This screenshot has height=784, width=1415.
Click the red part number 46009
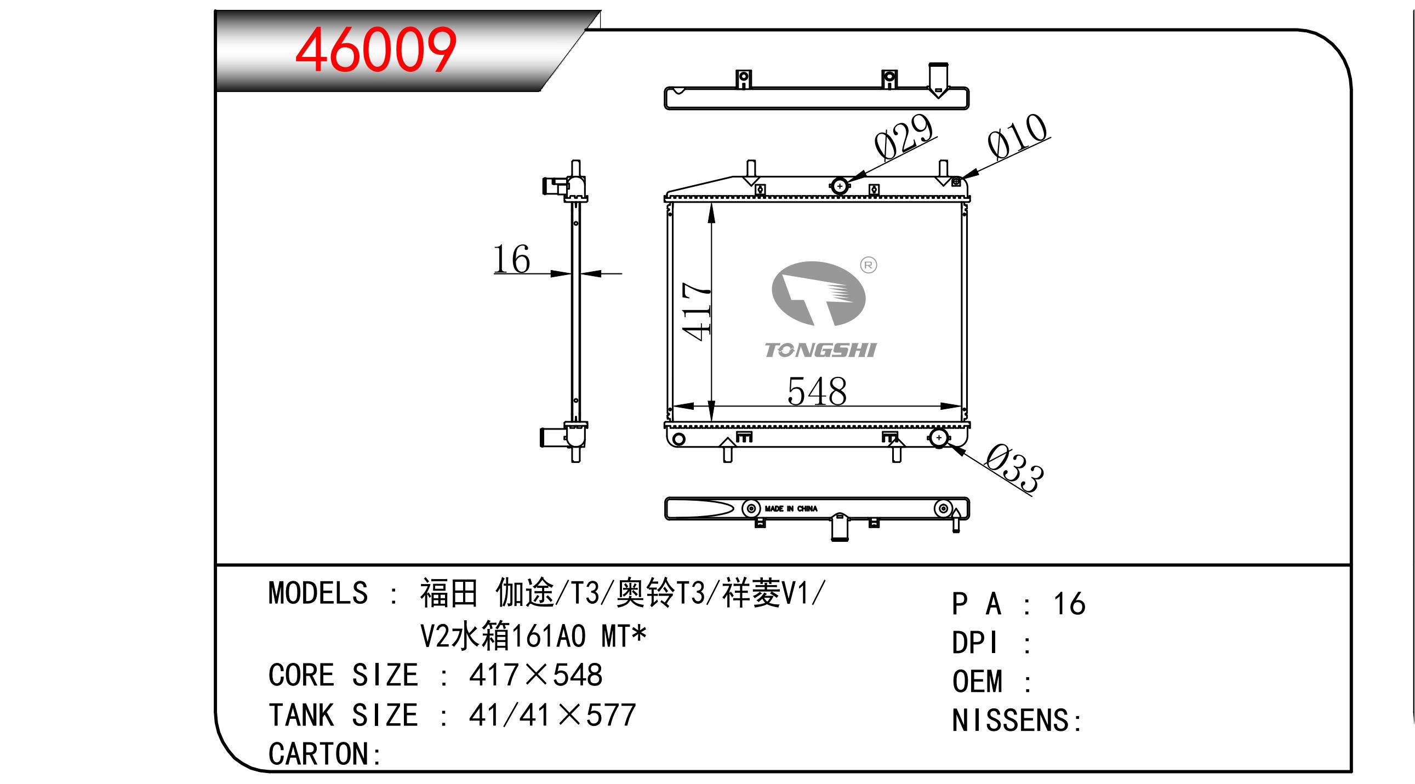tap(376, 50)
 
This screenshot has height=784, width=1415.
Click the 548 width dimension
tap(817, 392)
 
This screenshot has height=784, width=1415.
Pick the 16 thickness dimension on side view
tap(511, 259)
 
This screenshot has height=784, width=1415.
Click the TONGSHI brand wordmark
tap(820, 350)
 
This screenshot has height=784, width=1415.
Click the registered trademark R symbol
tap(869, 266)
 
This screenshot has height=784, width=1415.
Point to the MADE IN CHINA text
tap(791, 509)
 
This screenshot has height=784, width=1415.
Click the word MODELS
tap(318, 593)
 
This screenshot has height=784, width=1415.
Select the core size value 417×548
tap(535, 676)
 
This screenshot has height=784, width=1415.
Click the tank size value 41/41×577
tap(552, 716)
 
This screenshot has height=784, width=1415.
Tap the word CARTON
tap(318, 754)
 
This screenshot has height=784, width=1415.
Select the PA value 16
tap(1069, 604)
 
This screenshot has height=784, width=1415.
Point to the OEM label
tap(977, 682)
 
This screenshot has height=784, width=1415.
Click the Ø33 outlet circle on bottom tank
tap(939, 438)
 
